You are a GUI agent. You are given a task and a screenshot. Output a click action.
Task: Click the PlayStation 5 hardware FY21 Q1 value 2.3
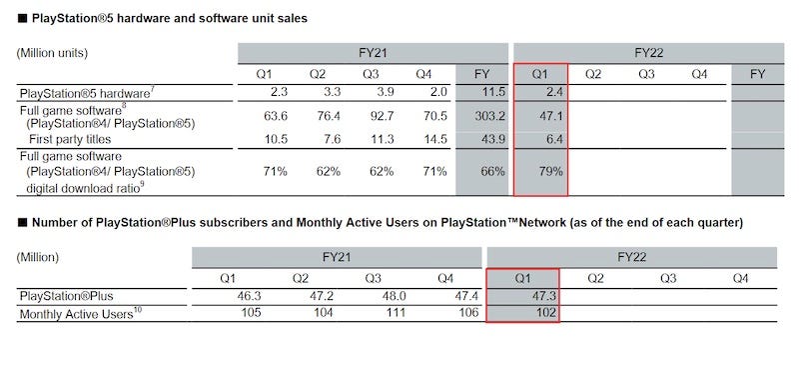tap(276, 92)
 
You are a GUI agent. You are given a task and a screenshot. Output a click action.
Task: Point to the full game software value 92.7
tap(383, 115)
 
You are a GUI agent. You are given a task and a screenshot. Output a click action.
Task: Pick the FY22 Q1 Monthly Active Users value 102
tap(541, 314)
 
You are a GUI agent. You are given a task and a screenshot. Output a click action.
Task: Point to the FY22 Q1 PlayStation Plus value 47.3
tap(539, 297)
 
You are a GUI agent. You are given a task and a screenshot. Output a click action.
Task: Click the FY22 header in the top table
tap(648, 52)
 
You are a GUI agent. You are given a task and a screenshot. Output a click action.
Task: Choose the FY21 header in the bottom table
tap(337, 256)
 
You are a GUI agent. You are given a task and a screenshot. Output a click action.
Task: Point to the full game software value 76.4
tap(329, 115)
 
